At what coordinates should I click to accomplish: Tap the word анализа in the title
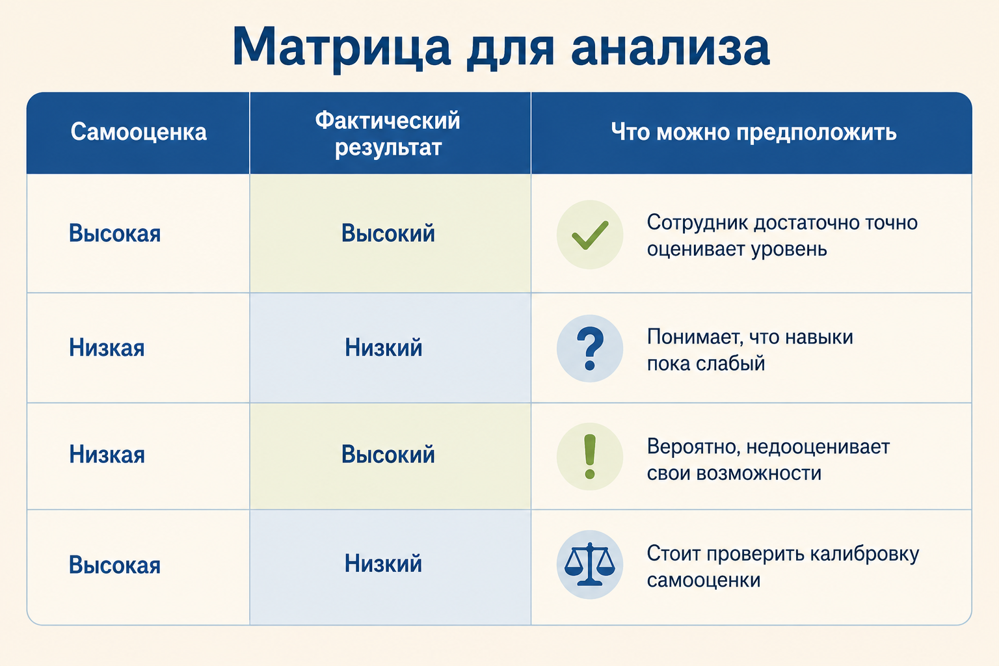[x=671, y=47]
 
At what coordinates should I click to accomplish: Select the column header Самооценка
[x=139, y=132]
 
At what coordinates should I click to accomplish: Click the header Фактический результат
[x=388, y=133]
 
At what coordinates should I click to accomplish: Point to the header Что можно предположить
[x=753, y=133]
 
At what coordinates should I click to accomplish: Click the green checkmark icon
[x=590, y=235]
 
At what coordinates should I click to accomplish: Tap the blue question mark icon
[x=590, y=349]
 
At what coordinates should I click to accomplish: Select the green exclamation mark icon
[x=590, y=457]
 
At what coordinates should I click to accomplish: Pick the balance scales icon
[x=590, y=565]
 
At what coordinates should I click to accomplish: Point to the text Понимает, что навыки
[x=750, y=338]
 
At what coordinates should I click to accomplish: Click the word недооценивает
[x=818, y=447]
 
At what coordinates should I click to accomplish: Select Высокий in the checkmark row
[x=388, y=233]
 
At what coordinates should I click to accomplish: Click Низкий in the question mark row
[x=384, y=347]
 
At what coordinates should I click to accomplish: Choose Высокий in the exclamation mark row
[x=388, y=455]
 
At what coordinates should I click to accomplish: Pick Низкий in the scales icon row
[x=384, y=563]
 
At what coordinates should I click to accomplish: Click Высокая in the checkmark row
[x=114, y=233]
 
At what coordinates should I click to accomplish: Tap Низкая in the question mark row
[x=107, y=347]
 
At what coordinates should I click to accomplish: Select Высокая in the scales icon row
[x=114, y=565]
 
